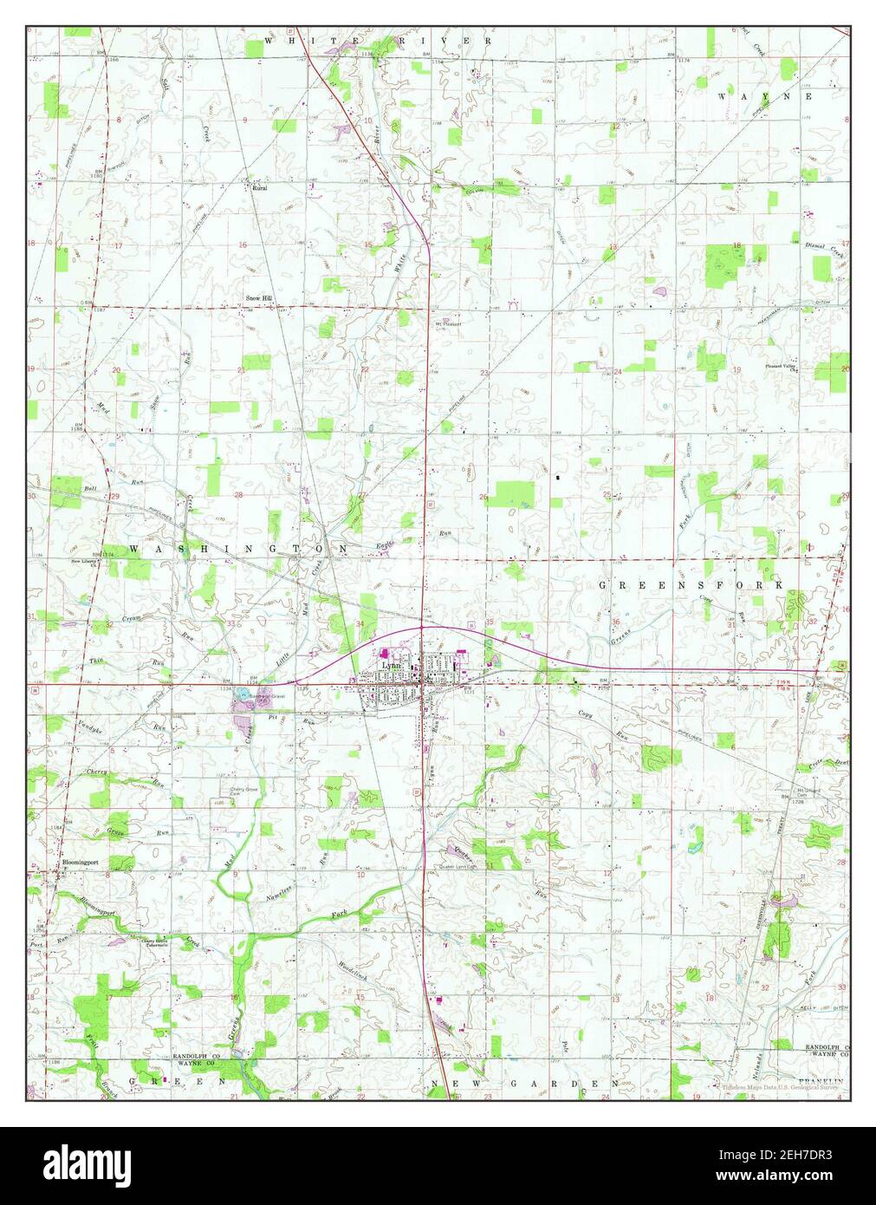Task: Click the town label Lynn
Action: [393, 664]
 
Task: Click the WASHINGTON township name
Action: [238, 550]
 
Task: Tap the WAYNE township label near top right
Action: [765, 97]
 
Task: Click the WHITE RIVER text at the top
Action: [378, 41]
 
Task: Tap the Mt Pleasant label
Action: [448, 324]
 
